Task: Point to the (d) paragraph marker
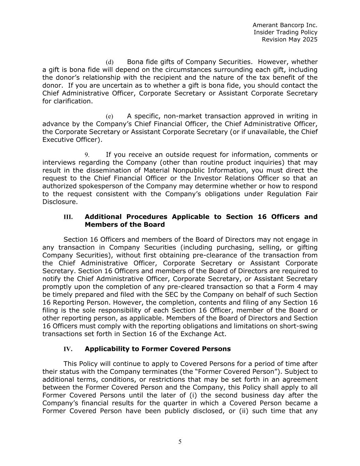[x=110, y=62]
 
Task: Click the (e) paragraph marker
[x=110, y=116]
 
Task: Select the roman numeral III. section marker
[x=68, y=217]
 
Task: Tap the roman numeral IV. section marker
[x=68, y=349]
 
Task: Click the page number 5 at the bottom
[x=180, y=442]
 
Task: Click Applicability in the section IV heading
[x=107, y=349]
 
